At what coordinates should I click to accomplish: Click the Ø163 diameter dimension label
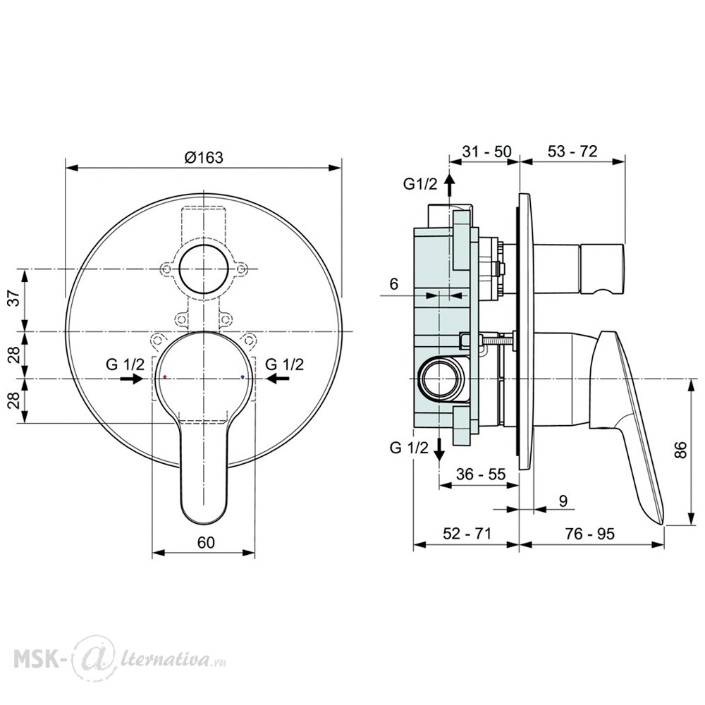(204, 157)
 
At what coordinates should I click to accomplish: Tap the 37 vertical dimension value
(15, 298)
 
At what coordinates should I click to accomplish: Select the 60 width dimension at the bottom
(206, 543)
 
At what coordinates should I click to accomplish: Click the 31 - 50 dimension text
(487, 152)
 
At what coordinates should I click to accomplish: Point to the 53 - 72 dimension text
(572, 152)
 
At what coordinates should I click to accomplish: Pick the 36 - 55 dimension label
(481, 474)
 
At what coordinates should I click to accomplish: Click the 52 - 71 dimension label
(467, 534)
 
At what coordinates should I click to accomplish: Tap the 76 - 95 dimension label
(589, 534)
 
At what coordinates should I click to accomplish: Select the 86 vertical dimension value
(681, 450)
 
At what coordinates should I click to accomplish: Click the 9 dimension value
(563, 501)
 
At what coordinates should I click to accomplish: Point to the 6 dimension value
(394, 284)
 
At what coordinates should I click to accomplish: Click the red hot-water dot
(165, 376)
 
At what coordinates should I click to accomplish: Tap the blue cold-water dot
(243, 376)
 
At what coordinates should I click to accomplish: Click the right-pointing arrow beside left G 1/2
(131, 379)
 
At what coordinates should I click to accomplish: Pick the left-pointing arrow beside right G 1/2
(278, 379)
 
